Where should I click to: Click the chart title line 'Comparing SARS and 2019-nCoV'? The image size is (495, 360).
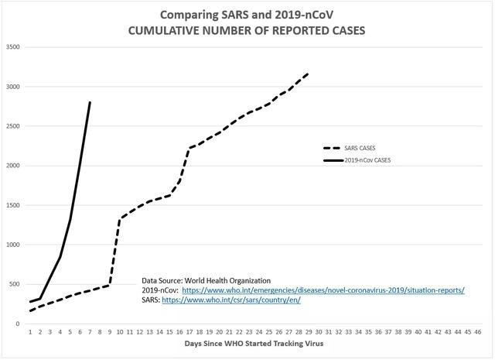click(x=247, y=15)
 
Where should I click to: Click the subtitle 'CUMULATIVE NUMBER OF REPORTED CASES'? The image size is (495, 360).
click(x=247, y=31)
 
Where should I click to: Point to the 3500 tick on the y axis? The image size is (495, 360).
click(x=12, y=47)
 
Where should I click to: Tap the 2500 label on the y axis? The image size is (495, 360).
click(x=12, y=126)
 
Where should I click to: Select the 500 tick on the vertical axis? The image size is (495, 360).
click(x=15, y=284)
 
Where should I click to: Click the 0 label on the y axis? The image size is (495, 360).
click(x=18, y=324)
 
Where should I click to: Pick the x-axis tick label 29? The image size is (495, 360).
click(x=309, y=332)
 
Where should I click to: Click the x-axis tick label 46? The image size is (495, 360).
click(x=478, y=332)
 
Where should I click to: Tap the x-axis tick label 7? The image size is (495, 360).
click(x=90, y=332)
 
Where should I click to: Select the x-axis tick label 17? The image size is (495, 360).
click(x=189, y=332)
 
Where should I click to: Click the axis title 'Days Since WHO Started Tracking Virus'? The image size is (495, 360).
click(x=254, y=344)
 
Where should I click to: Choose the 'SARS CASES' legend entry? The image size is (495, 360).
click(x=350, y=148)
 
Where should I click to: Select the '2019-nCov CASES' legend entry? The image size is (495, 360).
click(x=357, y=160)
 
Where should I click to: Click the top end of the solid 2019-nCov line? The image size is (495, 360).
click(x=90, y=102)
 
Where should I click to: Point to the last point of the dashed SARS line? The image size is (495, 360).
click(x=309, y=74)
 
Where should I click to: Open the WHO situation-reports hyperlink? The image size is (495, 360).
click(x=323, y=290)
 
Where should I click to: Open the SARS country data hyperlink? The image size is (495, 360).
click(x=231, y=300)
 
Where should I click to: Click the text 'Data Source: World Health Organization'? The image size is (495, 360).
click(x=207, y=281)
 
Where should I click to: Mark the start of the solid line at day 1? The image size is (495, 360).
click(x=30, y=302)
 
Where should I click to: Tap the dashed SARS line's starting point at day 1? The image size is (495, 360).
click(x=30, y=311)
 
